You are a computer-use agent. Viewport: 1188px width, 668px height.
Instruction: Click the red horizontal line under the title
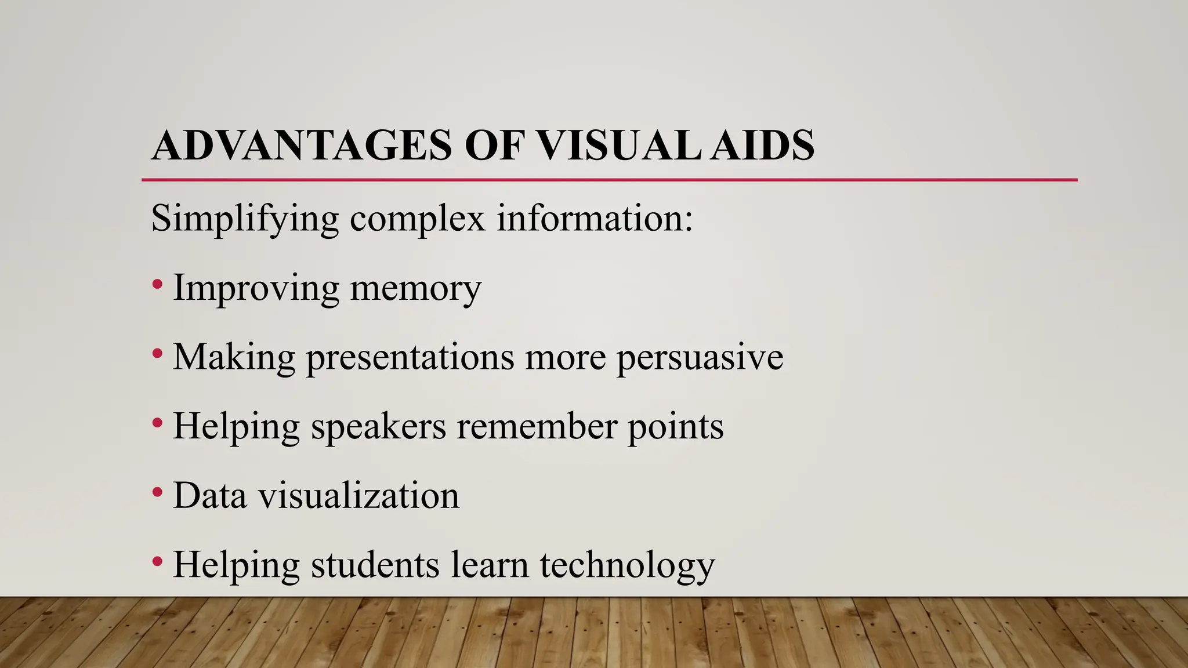point(609,180)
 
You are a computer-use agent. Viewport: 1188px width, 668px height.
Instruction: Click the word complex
point(417,219)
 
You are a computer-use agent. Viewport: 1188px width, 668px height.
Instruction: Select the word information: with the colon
point(595,219)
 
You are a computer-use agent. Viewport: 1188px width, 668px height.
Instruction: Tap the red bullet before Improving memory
point(157,285)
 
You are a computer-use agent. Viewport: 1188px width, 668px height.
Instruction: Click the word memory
point(415,288)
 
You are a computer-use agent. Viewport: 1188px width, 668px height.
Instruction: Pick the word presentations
point(410,357)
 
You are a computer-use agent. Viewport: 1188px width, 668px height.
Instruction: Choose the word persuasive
point(700,357)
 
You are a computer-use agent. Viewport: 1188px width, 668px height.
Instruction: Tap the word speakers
point(378,427)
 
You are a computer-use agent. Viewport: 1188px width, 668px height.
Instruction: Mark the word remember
point(537,427)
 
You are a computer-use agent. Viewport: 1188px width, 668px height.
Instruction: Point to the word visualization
point(358,496)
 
